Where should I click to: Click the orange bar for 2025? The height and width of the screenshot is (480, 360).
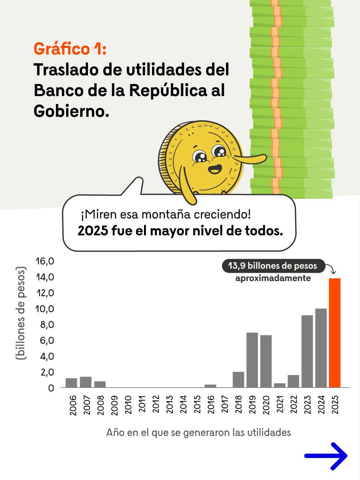click(334, 333)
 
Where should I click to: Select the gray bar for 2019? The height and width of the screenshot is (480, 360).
click(252, 360)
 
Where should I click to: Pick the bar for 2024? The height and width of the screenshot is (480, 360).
click(321, 348)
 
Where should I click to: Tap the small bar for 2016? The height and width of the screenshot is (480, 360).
click(210, 386)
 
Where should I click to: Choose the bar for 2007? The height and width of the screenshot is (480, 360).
click(86, 382)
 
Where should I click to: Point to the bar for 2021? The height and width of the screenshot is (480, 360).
click(280, 385)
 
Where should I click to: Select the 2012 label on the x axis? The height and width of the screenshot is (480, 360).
click(156, 406)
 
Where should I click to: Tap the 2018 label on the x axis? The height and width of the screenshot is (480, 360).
click(239, 406)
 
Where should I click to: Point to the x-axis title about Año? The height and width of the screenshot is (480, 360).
click(198, 433)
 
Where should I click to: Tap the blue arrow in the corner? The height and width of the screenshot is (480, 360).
click(326, 456)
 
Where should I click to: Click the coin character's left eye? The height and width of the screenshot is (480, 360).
click(198, 156)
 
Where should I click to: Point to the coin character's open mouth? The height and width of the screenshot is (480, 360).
click(214, 169)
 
